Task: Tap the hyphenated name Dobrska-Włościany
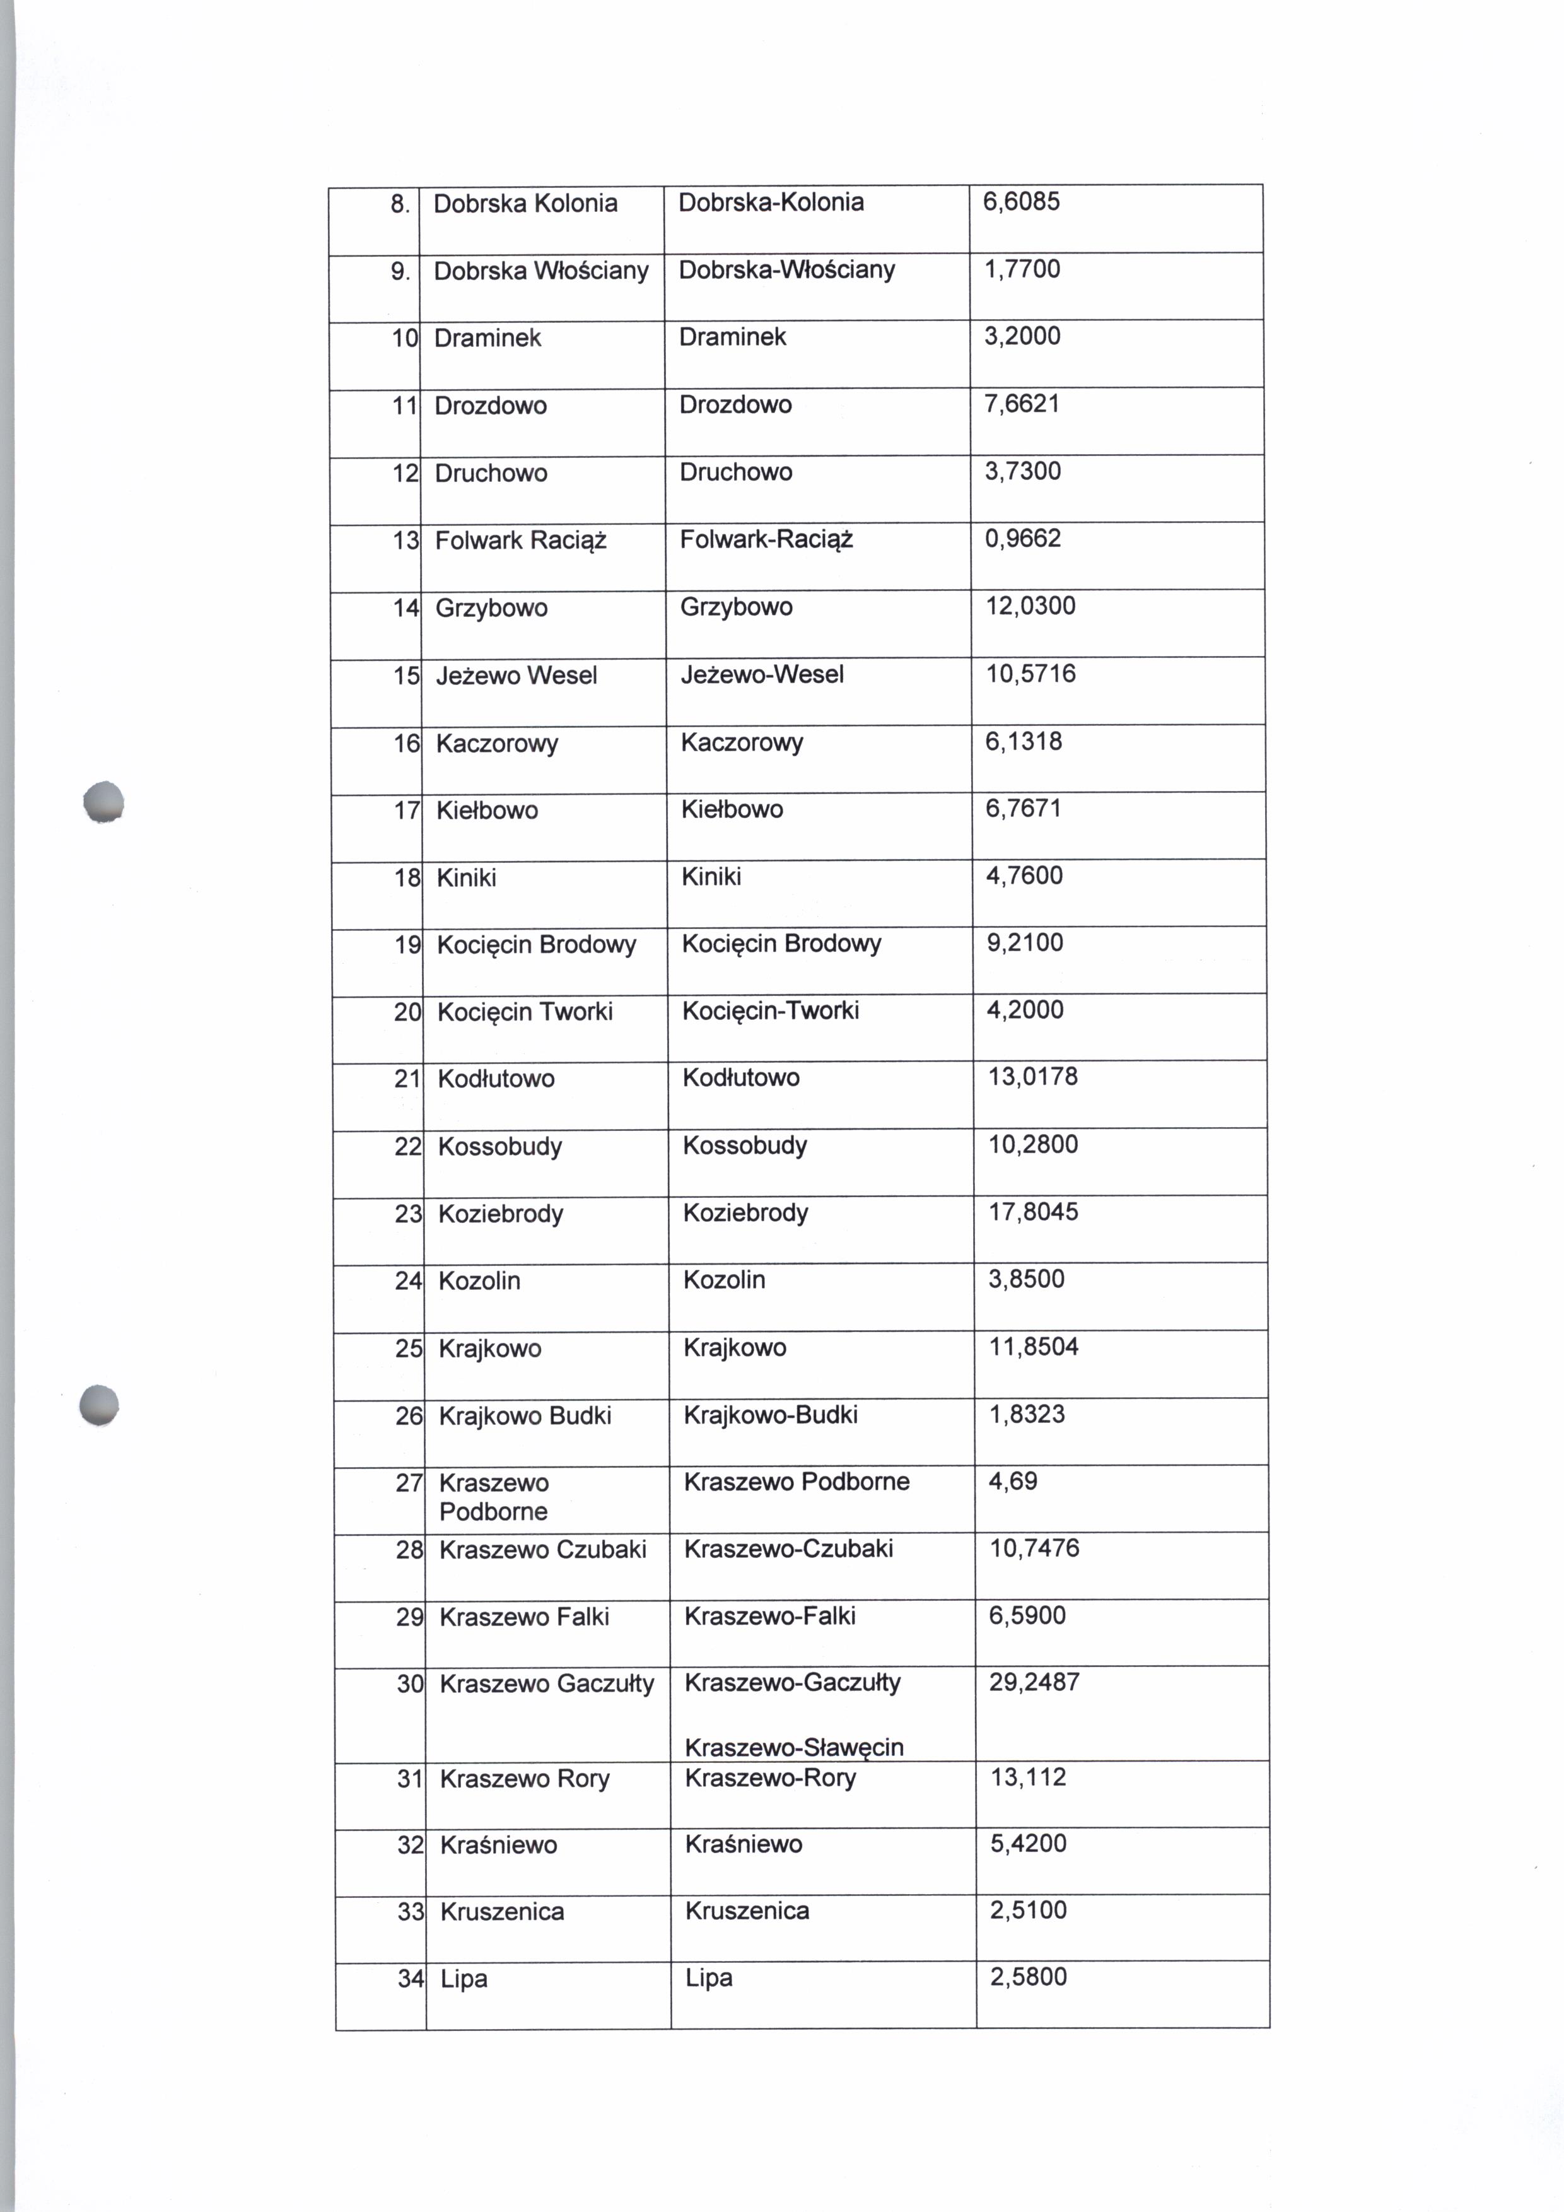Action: [787, 270]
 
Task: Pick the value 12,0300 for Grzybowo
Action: [1029, 606]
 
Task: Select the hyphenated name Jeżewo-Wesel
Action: [762, 674]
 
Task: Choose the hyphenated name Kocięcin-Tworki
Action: [771, 1010]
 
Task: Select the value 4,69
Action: [1013, 1481]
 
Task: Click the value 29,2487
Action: [1034, 1682]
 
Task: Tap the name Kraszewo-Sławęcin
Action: [793, 1747]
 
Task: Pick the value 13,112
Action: [1029, 1777]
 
